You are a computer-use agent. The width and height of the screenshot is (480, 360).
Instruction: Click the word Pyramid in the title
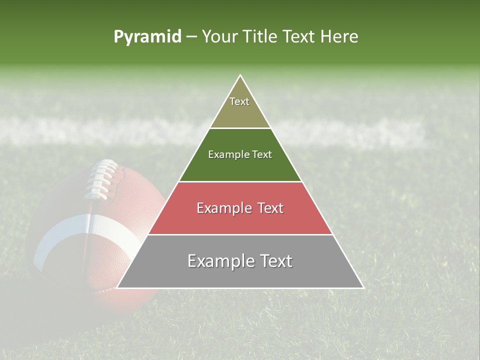coord(147,37)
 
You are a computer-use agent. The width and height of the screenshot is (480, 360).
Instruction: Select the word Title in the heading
coord(261,37)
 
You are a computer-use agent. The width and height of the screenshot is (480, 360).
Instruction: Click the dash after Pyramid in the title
coord(191,37)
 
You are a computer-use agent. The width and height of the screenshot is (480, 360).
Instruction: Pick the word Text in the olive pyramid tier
coord(239,101)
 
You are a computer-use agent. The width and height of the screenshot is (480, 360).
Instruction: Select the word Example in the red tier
coord(223,208)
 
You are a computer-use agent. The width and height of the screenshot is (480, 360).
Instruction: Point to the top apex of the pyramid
coord(240,75)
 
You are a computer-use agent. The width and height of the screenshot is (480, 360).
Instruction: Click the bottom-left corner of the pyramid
coord(117,287)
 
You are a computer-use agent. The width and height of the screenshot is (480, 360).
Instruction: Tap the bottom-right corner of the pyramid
coord(363,287)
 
